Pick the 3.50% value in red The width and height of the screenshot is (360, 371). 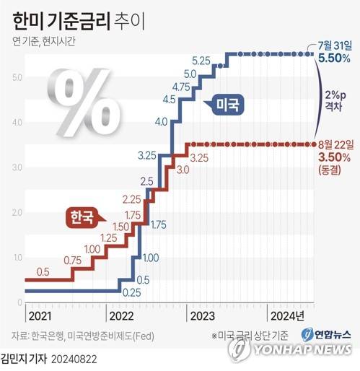pyautogui.click(x=334, y=156)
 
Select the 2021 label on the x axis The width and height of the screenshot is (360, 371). pyautogui.click(x=41, y=315)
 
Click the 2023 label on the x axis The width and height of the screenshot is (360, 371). pyautogui.click(x=203, y=315)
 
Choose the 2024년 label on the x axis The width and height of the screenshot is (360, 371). pyautogui.click(x=286, y=315)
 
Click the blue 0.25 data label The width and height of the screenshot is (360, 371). pyautogui.click(x=131, y=292)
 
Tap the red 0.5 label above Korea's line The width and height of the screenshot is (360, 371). pyautogui.click(x=43, y=271)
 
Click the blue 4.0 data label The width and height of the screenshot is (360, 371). pyautogui.click(x=162, y=121)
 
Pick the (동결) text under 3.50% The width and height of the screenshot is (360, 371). pyautogui.click(x=333, y=169)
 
